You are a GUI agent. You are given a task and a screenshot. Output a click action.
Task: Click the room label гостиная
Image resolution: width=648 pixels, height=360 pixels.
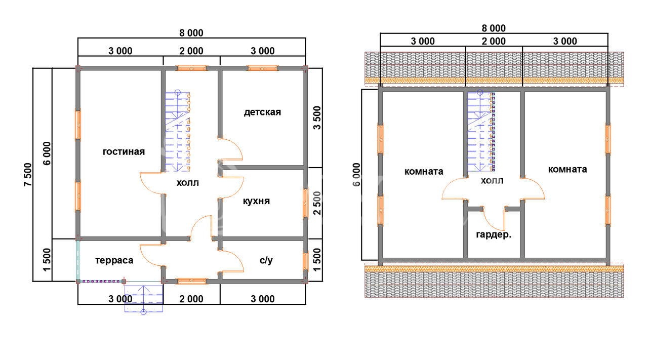(124, 151)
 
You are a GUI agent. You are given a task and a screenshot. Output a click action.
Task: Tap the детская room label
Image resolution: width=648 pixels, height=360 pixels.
(262, 112)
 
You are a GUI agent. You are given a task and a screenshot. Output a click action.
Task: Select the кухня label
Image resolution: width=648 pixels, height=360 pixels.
(256, 201)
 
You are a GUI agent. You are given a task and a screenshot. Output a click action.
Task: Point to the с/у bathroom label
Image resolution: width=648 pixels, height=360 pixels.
(266, 260)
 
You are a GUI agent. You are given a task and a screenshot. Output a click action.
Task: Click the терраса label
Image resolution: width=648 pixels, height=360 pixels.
(114, 260)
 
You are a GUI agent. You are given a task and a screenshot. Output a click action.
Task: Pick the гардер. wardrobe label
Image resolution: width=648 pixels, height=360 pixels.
(494, 234)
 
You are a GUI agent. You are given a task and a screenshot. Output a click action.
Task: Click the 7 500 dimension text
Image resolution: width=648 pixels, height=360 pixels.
(28, 175)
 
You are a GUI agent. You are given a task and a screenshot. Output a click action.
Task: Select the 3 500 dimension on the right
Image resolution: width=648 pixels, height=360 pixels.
(317, 118)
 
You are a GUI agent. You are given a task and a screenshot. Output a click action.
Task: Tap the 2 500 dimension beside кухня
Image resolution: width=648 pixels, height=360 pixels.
(317, 203)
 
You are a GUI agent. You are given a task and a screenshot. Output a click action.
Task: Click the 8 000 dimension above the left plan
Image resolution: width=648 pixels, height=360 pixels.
(191, 33)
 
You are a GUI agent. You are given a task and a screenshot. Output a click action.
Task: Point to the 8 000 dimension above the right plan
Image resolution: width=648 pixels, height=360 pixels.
(494, 28)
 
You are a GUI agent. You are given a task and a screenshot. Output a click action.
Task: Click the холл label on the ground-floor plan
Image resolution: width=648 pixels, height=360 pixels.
(188, 183)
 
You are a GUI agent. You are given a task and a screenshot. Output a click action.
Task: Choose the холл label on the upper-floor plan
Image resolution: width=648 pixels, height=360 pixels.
(492, 181)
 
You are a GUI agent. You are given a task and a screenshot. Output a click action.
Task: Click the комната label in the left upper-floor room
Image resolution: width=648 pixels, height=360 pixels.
(424, 172)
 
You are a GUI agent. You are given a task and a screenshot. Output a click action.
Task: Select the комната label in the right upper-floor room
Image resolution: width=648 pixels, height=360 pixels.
(568, 169)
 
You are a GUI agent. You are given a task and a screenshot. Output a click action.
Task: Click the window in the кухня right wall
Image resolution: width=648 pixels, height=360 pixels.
(305, 203)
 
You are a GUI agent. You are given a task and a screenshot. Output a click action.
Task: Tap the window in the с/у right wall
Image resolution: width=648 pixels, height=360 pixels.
(305, 261)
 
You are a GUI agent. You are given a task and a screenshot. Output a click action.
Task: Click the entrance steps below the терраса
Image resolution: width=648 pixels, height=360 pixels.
(144, 298)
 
